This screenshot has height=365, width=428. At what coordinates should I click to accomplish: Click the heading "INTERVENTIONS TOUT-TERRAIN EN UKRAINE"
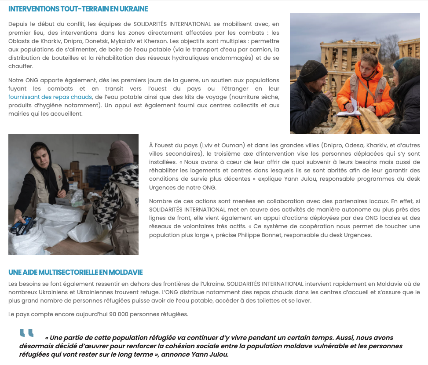pos(78,9)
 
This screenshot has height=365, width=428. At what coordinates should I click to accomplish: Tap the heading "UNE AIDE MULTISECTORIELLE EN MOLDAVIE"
pos(75,272)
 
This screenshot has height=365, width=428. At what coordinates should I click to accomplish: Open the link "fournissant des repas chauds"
pos(50,97)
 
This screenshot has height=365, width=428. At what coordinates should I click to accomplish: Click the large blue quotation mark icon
pos(26,333)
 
